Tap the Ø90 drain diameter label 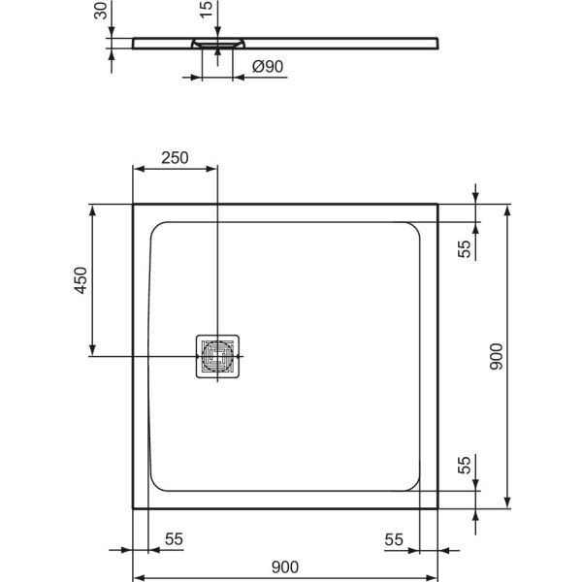267,67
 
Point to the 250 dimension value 175,158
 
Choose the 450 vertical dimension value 81,281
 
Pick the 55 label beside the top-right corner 464,248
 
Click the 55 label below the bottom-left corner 174,538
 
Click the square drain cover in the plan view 218,357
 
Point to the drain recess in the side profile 218,44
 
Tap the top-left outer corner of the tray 133,205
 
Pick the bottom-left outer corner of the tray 133,509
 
